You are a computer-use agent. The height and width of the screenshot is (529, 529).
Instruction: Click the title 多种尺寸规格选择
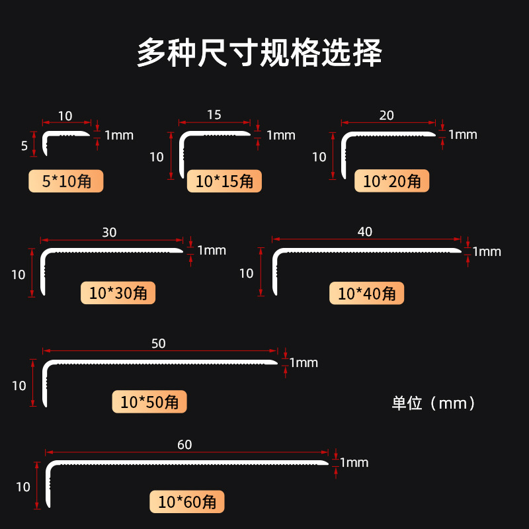pyautogui.click(x=259, y=53)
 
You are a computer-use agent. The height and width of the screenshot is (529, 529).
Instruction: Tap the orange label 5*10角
pyautogui.click(x=65, y=181)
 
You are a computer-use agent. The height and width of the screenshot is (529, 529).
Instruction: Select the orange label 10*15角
pyautogui.click(x=224, y=181)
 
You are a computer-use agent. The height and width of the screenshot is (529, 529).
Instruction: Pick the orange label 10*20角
pyautogui.click(x=392, y=181)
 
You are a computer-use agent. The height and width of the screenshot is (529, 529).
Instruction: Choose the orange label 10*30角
pyautogui.click(x=118, y=293)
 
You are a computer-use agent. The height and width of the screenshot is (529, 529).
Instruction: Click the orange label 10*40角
pyautogui.click(x=366, y=293)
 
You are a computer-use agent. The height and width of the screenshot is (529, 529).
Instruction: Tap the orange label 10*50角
pyautogui.click(x=149, y=401)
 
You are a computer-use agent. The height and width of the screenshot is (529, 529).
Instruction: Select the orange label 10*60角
pyautogui.click(x=187, y=502)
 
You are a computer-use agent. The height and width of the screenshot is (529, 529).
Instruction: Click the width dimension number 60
pyautogui.click(x=184, y=445)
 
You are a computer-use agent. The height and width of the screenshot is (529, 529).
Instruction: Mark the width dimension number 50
pyautogui.click(x=159, y=343)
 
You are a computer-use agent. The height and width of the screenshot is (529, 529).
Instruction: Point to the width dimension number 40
pyautogui.click(x=365, y=231)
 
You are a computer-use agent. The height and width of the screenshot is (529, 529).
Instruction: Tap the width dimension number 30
pyautogui.click(x=110, y=233)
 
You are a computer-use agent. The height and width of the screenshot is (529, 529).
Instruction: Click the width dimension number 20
pyautogui.click(x=387, y=116)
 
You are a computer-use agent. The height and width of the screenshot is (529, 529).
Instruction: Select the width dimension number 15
pyautogui.click(x=214, y=115)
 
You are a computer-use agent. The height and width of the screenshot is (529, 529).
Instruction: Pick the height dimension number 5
pyautogui.click(x=24, y=146)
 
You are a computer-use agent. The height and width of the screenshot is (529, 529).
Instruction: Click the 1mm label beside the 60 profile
pyautogui.click(x=354, y=463)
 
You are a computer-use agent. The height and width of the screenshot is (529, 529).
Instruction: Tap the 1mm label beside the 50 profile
pyautogui.click(x=304, y=362)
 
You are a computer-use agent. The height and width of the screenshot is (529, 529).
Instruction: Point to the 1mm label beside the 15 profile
pyautogui.click(x=281, y=136)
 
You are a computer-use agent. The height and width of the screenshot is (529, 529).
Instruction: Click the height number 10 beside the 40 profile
pyautogui.click(x=246, y=273)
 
